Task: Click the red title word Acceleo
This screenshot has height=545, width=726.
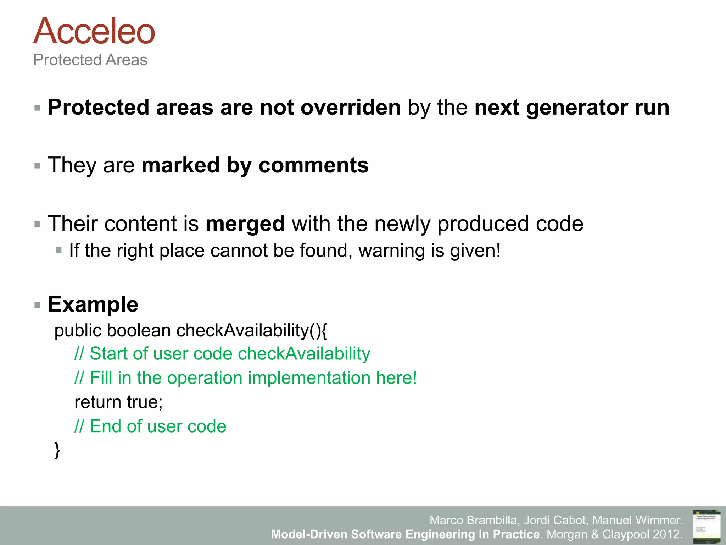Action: click(x=94, y=32)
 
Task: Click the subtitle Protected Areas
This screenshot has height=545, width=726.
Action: click(x=90, y=60)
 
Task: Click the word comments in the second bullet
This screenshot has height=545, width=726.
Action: click(x=313, y=165)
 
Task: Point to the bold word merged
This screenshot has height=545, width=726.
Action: click(x=245, y=224)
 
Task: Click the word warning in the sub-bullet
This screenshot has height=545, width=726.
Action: click(x=391, y=251)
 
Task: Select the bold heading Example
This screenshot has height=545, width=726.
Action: click(x=93, y=304)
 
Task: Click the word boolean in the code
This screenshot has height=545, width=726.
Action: click(x=139, y=330)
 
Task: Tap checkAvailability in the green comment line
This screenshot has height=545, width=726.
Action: click(x=304, y=354)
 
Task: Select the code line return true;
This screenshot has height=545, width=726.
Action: click(x=118, y=402)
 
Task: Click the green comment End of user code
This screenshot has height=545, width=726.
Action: click(x=150, y=426)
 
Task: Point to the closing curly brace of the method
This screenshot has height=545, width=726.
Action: click(x=57, y=450)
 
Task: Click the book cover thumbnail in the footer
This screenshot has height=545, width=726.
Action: click(x=707, y=527)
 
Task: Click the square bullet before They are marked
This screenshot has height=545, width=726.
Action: click(x=37, y=166)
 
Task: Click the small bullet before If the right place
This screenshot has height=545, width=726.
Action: click(x=59, y=250)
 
